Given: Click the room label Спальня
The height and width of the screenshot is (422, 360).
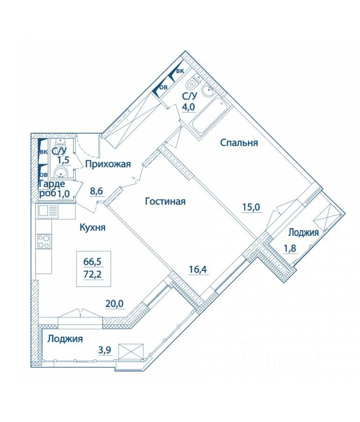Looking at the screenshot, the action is [239, 143].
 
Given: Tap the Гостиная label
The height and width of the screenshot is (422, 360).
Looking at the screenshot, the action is [165, 201].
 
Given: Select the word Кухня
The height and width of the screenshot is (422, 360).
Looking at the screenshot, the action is [92, 228].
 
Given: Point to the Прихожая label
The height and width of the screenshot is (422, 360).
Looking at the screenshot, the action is [108, 164].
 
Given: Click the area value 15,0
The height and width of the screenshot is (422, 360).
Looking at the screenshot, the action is [252, 208].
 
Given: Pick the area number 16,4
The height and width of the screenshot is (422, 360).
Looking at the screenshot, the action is [198, 269].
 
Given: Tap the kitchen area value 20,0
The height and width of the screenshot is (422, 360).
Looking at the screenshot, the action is [114, 303].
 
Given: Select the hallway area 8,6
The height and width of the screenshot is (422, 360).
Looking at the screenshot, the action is [97, 192].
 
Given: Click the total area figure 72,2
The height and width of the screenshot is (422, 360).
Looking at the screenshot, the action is [94, 274].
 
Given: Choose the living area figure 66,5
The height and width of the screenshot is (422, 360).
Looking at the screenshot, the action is [94, 261].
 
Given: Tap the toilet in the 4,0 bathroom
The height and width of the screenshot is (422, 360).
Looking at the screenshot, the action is [192, 83].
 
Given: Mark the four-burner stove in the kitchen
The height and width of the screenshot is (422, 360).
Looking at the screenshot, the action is [44, 241].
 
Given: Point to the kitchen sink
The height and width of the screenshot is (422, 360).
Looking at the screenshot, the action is [48, 211].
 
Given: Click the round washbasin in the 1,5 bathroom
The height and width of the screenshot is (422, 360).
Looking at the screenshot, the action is [61, 172].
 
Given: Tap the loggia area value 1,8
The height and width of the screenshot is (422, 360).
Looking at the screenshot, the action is [290, 249].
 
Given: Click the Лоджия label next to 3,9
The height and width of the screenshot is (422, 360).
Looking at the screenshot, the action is [65, 339].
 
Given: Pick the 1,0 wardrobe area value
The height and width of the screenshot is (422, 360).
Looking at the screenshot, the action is [63, 193].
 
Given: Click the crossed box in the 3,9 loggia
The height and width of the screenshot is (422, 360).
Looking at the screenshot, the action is [131, 351].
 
